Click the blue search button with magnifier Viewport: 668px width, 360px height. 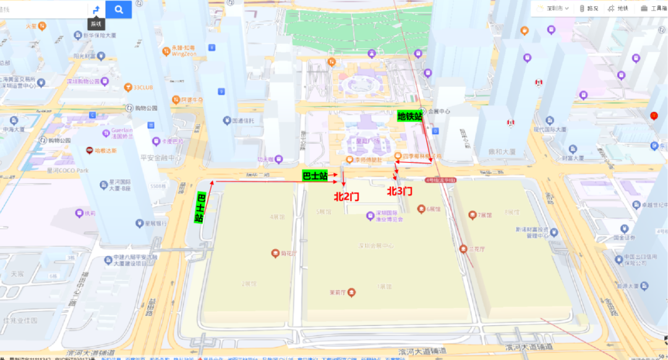[119, 9]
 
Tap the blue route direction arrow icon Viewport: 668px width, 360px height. [96, 9]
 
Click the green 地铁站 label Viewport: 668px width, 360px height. [409, 116]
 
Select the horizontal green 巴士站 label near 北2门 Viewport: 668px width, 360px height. [315, 176]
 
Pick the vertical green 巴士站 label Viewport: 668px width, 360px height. [200, 208]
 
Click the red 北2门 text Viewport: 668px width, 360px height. [346, 196]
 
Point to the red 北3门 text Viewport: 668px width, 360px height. [400, 192]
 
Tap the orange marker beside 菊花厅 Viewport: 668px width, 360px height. [276, 253]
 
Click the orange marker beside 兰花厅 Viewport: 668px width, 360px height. [463, 249]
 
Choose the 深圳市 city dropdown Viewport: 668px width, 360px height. [549, 8]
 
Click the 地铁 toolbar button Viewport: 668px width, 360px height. [617, 8]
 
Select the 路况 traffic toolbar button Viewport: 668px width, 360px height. [589, 8]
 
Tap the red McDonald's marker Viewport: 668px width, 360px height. [654, 116]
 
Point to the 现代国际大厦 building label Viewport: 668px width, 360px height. [549, 130]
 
